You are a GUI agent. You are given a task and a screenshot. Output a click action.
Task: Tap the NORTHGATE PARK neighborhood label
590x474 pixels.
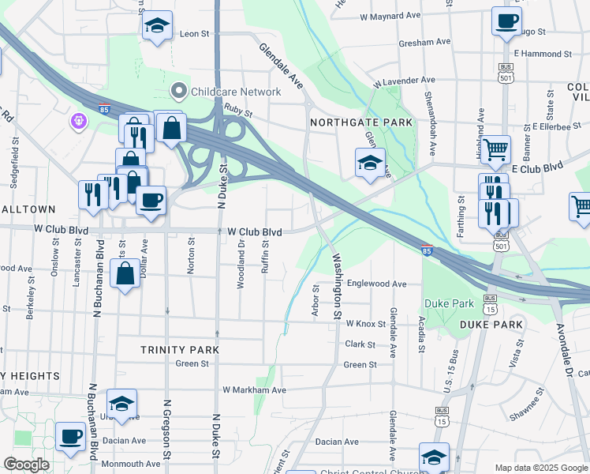361,123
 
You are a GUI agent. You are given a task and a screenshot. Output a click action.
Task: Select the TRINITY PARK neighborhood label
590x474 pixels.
179,349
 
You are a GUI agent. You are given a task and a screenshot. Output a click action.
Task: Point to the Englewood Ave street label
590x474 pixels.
376,284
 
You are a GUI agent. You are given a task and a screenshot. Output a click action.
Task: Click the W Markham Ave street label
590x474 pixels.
254,390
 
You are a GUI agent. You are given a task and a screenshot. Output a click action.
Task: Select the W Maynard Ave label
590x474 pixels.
390,16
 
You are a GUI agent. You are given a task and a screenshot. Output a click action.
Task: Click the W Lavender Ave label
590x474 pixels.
404,81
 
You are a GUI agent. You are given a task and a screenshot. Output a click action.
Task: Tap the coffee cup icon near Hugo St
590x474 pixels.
506,21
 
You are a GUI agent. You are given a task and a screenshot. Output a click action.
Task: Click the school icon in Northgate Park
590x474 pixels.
369,163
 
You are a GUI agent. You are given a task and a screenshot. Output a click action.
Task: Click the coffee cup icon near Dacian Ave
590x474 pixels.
70,435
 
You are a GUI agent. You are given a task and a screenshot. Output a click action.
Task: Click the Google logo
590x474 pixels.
26,465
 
